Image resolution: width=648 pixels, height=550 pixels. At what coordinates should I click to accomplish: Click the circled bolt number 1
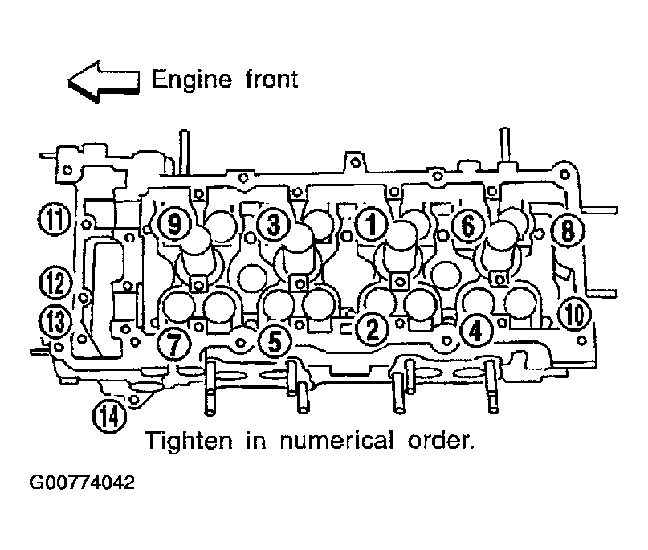point(372,223)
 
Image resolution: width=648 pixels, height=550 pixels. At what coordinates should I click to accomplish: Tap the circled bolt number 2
point(373,329)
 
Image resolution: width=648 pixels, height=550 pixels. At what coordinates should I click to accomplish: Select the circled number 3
point(273,225)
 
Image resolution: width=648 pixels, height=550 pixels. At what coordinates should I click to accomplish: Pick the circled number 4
point(475,331)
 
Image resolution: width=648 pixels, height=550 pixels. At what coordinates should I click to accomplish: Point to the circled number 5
point(275,341)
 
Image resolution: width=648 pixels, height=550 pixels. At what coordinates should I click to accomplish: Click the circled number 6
point(467,226)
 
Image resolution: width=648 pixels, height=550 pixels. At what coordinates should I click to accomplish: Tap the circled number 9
point(175,224)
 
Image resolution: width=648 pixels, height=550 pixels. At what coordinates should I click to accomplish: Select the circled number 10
point(575,314)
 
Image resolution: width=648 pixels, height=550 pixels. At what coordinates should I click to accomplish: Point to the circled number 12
point(55,283)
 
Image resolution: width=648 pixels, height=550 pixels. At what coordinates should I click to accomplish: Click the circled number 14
point(109,416)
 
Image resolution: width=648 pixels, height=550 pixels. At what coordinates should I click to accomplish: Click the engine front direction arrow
point(104,82)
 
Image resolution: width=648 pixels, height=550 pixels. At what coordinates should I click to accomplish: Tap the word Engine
point(191,79)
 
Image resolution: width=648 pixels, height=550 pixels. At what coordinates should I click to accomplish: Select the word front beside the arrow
point(271,79)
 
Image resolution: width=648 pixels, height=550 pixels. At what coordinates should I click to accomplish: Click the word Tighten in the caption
point(190,441)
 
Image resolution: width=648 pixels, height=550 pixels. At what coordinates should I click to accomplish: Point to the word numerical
point(336,441)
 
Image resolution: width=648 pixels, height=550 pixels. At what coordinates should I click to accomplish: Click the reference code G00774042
point(82,483)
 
